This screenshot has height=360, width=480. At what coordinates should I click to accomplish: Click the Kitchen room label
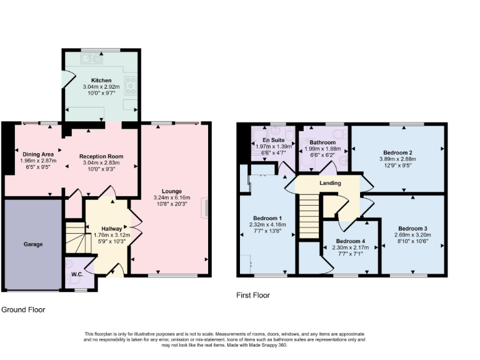point(101,80)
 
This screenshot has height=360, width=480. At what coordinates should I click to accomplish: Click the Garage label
point(33,244)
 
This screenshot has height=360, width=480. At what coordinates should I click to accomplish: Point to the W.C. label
point(77,273)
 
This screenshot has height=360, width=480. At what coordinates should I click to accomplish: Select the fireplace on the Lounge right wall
point(204,208)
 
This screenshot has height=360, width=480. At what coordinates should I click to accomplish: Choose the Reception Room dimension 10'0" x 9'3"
point(101,169)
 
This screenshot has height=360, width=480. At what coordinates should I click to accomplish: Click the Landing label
point(330,183)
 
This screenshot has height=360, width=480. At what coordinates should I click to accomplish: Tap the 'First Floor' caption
point(253,295)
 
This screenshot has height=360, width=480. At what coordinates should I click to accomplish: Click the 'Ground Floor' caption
point(23,309)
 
